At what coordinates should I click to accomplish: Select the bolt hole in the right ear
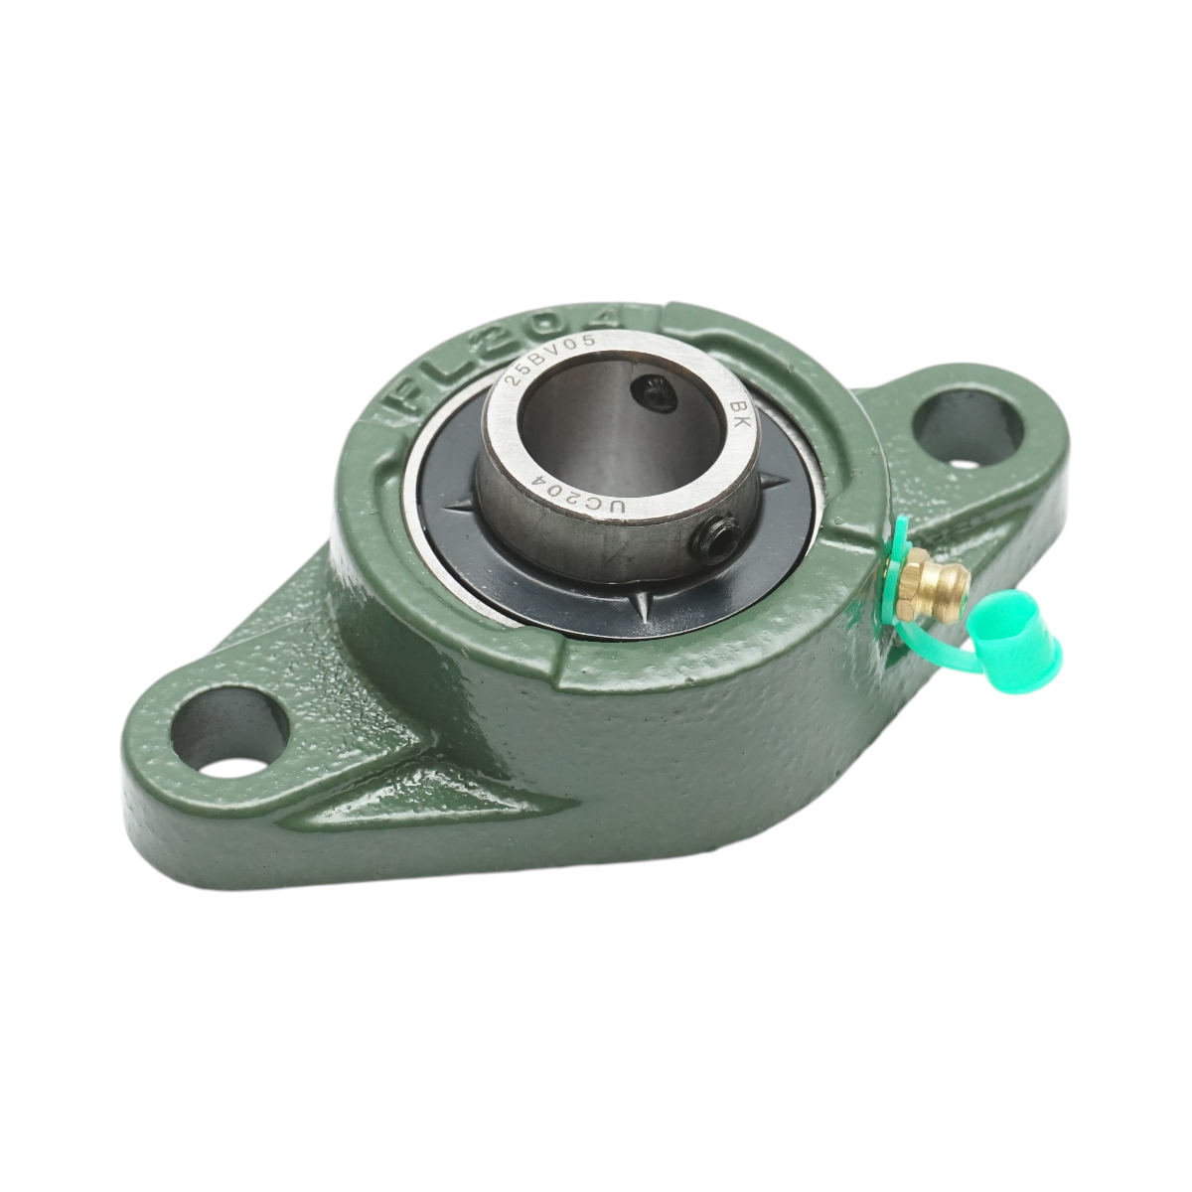coord(967,428)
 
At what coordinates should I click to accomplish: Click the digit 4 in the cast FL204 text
coord(608,317)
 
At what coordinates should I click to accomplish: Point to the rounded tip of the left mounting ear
coord(139,775)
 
